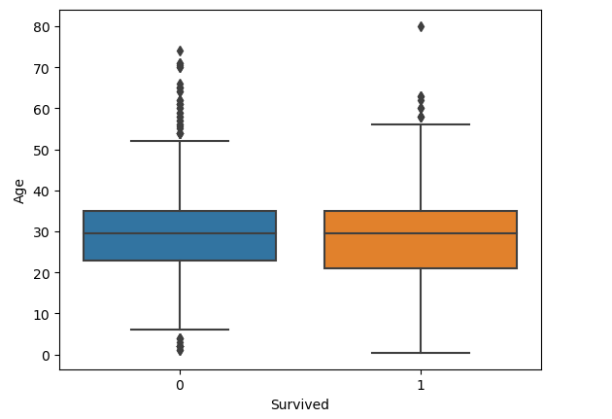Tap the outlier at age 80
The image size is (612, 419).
[421, 26]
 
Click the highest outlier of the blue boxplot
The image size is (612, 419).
[180, 51]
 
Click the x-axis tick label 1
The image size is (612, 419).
[421, 385]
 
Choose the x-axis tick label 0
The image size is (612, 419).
[180, 385]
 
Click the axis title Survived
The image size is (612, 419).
[300, 404]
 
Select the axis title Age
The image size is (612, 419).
[20, 190]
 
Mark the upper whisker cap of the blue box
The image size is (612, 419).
[180, 141]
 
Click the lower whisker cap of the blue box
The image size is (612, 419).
[180, 330]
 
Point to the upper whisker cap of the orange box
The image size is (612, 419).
[421, 124]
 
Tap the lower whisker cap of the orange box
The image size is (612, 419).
[421, 353]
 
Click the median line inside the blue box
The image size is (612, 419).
[180, 233]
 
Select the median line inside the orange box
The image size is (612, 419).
[421, 233]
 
